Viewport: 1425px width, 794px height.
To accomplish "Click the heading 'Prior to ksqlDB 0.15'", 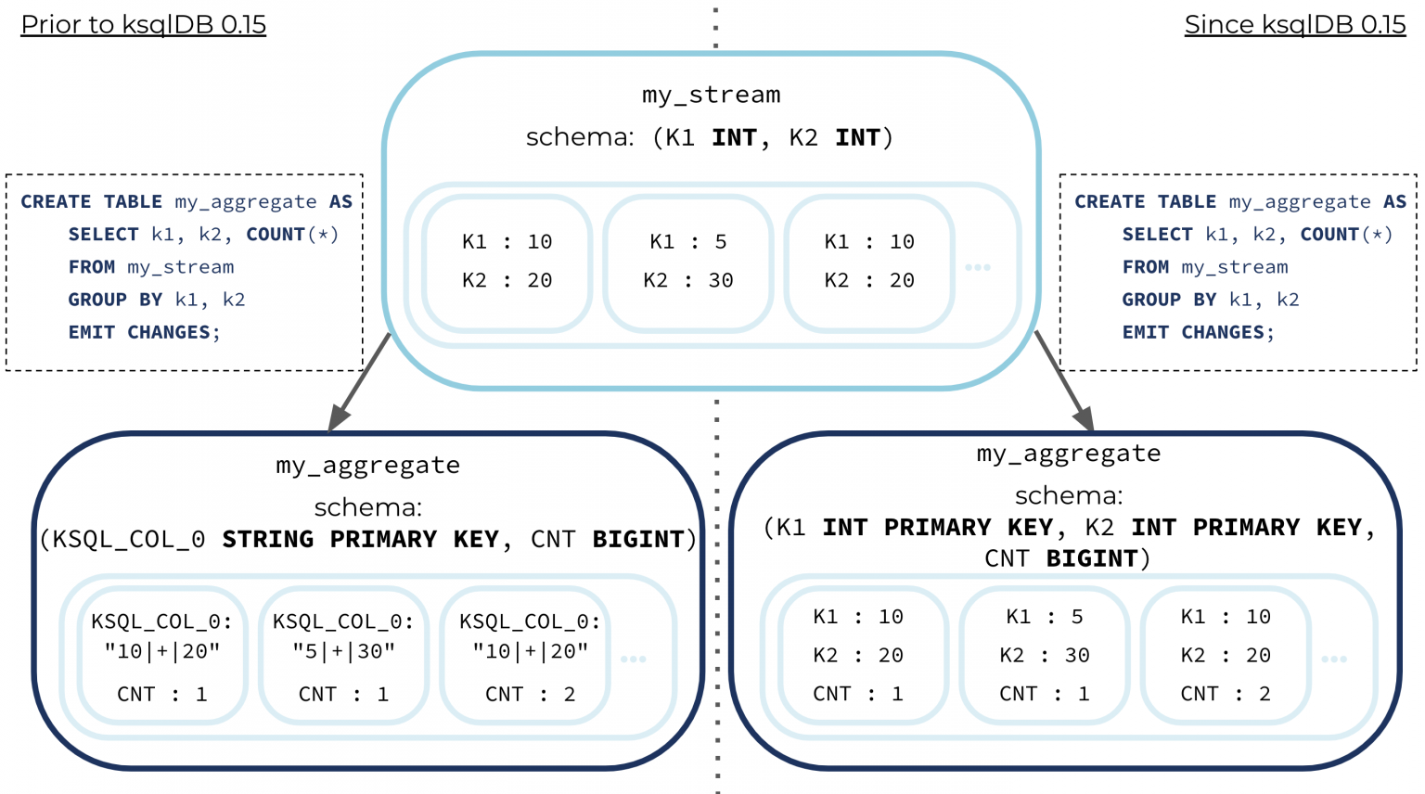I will pyautogui.click(x=143, y=24).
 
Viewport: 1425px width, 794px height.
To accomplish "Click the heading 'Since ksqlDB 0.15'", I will pyautogui.click(x=1294, y=24).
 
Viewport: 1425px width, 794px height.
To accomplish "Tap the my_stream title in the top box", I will pyautogui.click(x=711, y=95).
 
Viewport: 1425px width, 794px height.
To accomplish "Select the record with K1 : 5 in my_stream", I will pyautogui.click(x=687, y=262).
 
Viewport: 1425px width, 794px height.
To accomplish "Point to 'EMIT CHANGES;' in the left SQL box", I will pyautogui.click(x=144, y=332).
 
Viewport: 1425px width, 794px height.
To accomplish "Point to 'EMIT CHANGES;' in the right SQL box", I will pyautogui.click(x=1198, y=332).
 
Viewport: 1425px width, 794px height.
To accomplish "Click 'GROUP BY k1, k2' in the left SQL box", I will pyautogui.click(x=156, y=300).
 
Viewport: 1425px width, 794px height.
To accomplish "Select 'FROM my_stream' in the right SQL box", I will pyautogui.click(x=1204, y=267).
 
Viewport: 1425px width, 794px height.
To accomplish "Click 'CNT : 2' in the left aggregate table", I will pyautogui.click(x=530, y=694).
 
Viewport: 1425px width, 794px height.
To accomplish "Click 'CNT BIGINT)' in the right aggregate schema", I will pyautogui.click(x=1067, y=558).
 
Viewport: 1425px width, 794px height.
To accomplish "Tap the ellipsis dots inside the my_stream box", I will pyautogui.click(x=978, y=267).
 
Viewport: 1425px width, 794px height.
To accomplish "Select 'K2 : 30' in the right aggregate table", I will pyautogui.click(x=1044, y=655).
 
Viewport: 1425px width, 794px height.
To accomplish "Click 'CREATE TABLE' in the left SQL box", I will pyautogui.click(x=91, y=202).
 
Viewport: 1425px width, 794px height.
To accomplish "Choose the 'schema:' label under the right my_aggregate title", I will pyautogui.click(x=1068, y=495).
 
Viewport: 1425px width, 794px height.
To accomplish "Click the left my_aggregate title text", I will pyautogui.click(x=367, y=465).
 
